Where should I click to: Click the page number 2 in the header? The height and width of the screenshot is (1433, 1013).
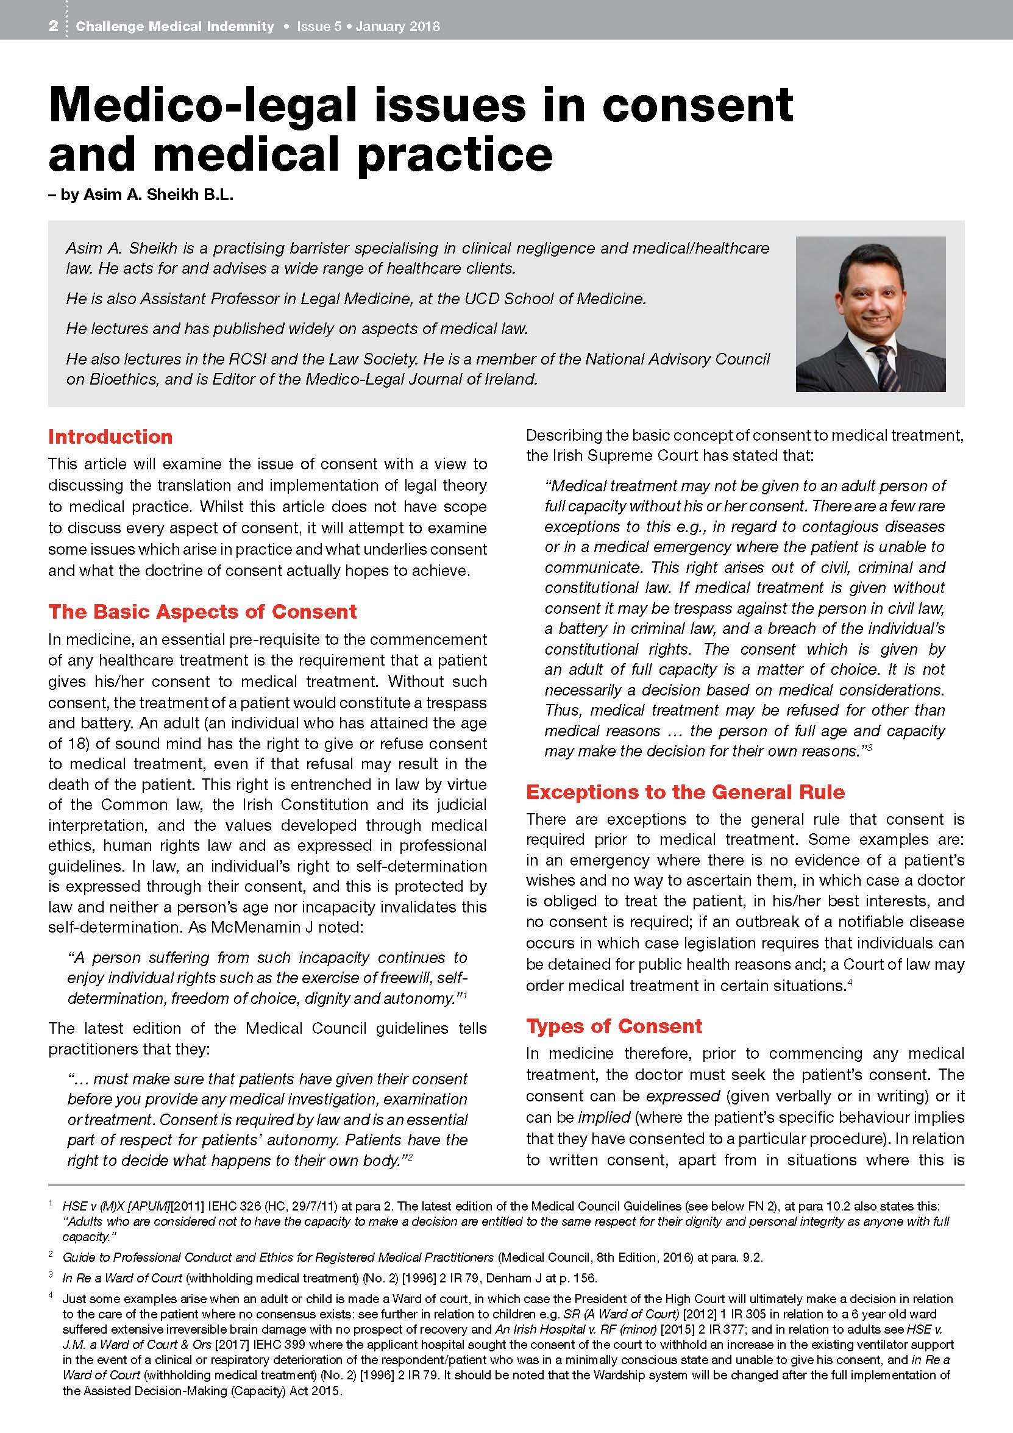54,26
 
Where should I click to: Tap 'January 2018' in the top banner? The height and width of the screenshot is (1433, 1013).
397,26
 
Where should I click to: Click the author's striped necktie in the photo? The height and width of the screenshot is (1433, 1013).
887,368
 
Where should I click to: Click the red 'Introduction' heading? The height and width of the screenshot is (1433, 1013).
110,436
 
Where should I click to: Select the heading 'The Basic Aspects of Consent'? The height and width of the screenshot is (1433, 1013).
202,611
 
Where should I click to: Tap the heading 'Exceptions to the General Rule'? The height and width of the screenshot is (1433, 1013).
684,791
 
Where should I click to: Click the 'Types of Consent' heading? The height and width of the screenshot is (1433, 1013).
614,1026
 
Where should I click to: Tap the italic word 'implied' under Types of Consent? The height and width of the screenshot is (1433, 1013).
604,1117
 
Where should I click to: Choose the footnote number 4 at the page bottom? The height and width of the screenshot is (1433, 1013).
51,1295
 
